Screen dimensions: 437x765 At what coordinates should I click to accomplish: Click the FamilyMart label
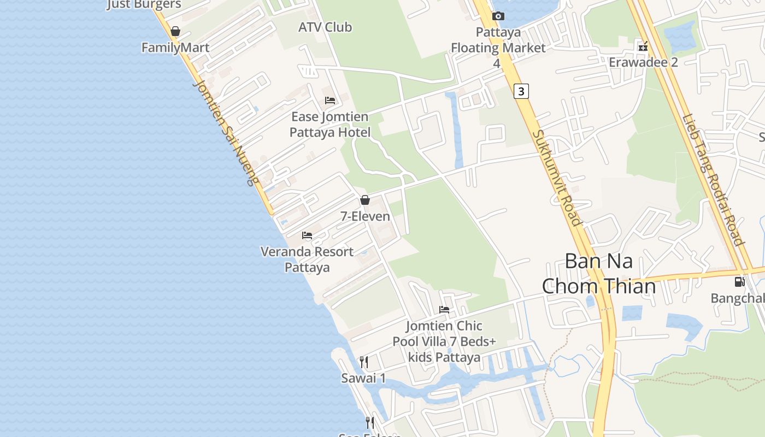[x=175, y=48]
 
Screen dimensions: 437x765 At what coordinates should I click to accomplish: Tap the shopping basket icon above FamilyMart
[x=175, y=31]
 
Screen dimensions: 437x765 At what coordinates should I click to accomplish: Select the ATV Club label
[x=325, y=27]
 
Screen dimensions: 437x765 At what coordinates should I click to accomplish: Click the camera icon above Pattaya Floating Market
[x=498, y=16]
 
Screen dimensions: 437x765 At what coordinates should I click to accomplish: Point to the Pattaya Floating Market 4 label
[x=498, y=48]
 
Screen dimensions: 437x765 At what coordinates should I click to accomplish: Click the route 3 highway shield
[x=521, y=91]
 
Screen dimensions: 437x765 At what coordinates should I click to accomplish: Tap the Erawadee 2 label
[x=643, y=62]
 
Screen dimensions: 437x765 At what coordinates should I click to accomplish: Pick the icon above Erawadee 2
[x=643, y=46]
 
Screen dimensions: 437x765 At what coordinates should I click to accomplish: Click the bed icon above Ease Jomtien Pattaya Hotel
[x=330, y=100]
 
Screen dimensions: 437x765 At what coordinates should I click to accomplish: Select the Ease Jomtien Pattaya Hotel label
[x=330, y=124]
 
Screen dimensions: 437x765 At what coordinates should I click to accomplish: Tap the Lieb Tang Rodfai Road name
[x=713, y=180]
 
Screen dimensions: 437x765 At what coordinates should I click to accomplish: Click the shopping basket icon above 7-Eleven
[x=365, y=200]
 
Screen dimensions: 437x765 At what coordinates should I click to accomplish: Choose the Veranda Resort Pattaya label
[x=307, y=259]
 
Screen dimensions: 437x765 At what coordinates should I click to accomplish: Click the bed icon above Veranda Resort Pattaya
[x=307, y=235]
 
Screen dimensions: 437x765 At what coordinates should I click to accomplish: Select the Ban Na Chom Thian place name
[x=599, y=273]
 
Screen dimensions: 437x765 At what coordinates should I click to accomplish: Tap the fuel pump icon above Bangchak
[x=739, y=282]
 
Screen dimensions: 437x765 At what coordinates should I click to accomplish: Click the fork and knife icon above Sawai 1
[x=364, y=362]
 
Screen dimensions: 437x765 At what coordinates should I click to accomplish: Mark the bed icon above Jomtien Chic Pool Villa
[x=444, y=310]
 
